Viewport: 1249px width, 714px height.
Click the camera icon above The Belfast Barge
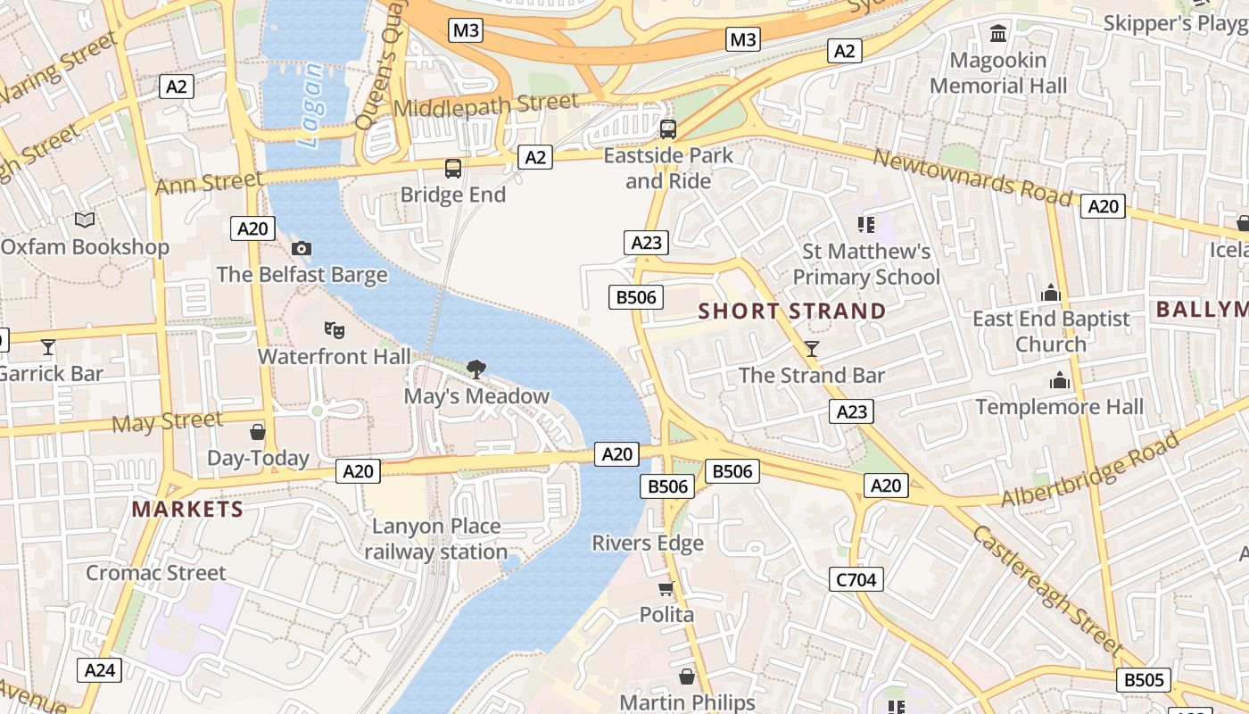point(302,248)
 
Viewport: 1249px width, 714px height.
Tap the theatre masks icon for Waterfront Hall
point(335,330)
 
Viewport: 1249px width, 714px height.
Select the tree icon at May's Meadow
point(476,369)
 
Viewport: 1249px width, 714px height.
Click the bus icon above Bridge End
point(453,168)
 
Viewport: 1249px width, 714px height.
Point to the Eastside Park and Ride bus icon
point(668,129)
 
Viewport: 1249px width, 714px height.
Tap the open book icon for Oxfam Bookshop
point(85,220)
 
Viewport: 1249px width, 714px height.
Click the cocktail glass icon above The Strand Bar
point(812,348)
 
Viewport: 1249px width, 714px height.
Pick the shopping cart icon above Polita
point(666,588)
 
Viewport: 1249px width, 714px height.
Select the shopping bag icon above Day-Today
point(258,432)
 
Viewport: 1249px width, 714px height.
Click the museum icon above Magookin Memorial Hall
point(998,34)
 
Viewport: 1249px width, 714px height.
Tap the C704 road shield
point(856,580)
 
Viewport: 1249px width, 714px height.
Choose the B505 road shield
point(1144,680)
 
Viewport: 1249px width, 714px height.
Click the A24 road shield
point(99,670)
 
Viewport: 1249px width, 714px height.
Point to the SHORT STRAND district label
point(792,311)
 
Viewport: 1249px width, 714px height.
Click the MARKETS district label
point(187,510)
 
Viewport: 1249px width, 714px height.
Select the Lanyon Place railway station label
point(436,539)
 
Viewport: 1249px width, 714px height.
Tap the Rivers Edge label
point(648,543)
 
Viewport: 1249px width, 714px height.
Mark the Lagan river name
point(311,105)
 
